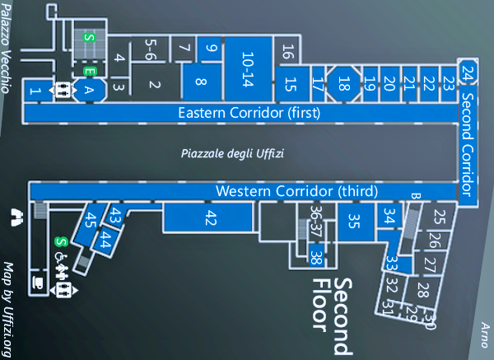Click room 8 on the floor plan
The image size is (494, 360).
201,81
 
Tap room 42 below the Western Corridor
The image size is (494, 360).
211,218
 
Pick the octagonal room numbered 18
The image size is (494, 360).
344,82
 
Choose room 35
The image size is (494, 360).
353,221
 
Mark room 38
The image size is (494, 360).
315,258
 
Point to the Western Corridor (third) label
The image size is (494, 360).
296,191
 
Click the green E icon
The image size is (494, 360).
89,72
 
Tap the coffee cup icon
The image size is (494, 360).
36,282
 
